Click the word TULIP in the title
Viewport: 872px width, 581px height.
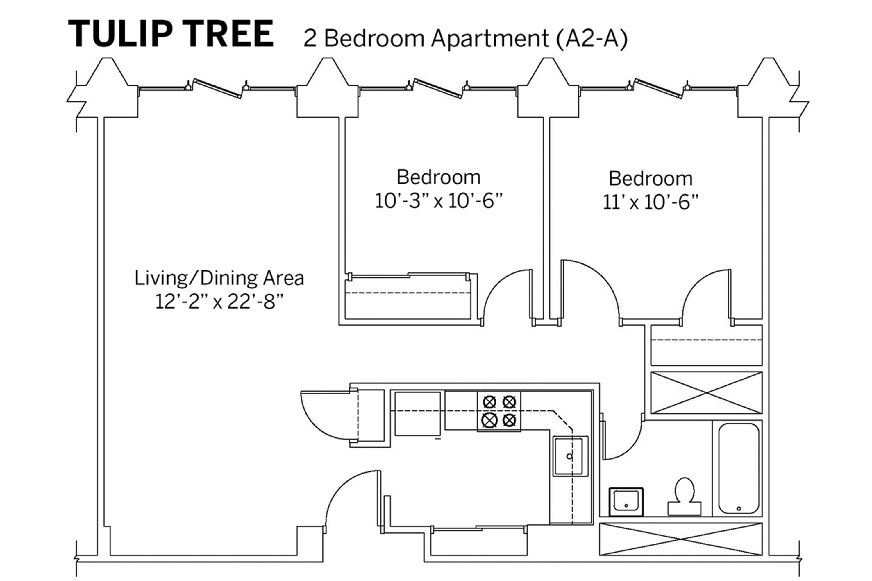[x=121, y=34]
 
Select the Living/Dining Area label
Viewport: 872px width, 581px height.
[x=219, y=278]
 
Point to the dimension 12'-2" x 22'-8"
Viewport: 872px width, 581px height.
[x=219, y=302]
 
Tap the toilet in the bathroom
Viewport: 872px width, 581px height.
[x=684, y=496]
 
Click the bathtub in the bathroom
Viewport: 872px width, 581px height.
[x=739, y=469]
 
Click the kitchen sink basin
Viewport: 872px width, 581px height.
[x=571, y=456]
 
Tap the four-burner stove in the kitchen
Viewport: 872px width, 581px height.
[x=499, y=411]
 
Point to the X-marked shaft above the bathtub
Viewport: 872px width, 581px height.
[x=707, y=393]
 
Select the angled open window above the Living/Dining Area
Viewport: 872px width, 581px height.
[x=218, y=89]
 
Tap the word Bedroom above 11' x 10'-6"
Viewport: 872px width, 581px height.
[x=651, y=179]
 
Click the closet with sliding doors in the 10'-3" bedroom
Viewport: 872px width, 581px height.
[x=408, y=296]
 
